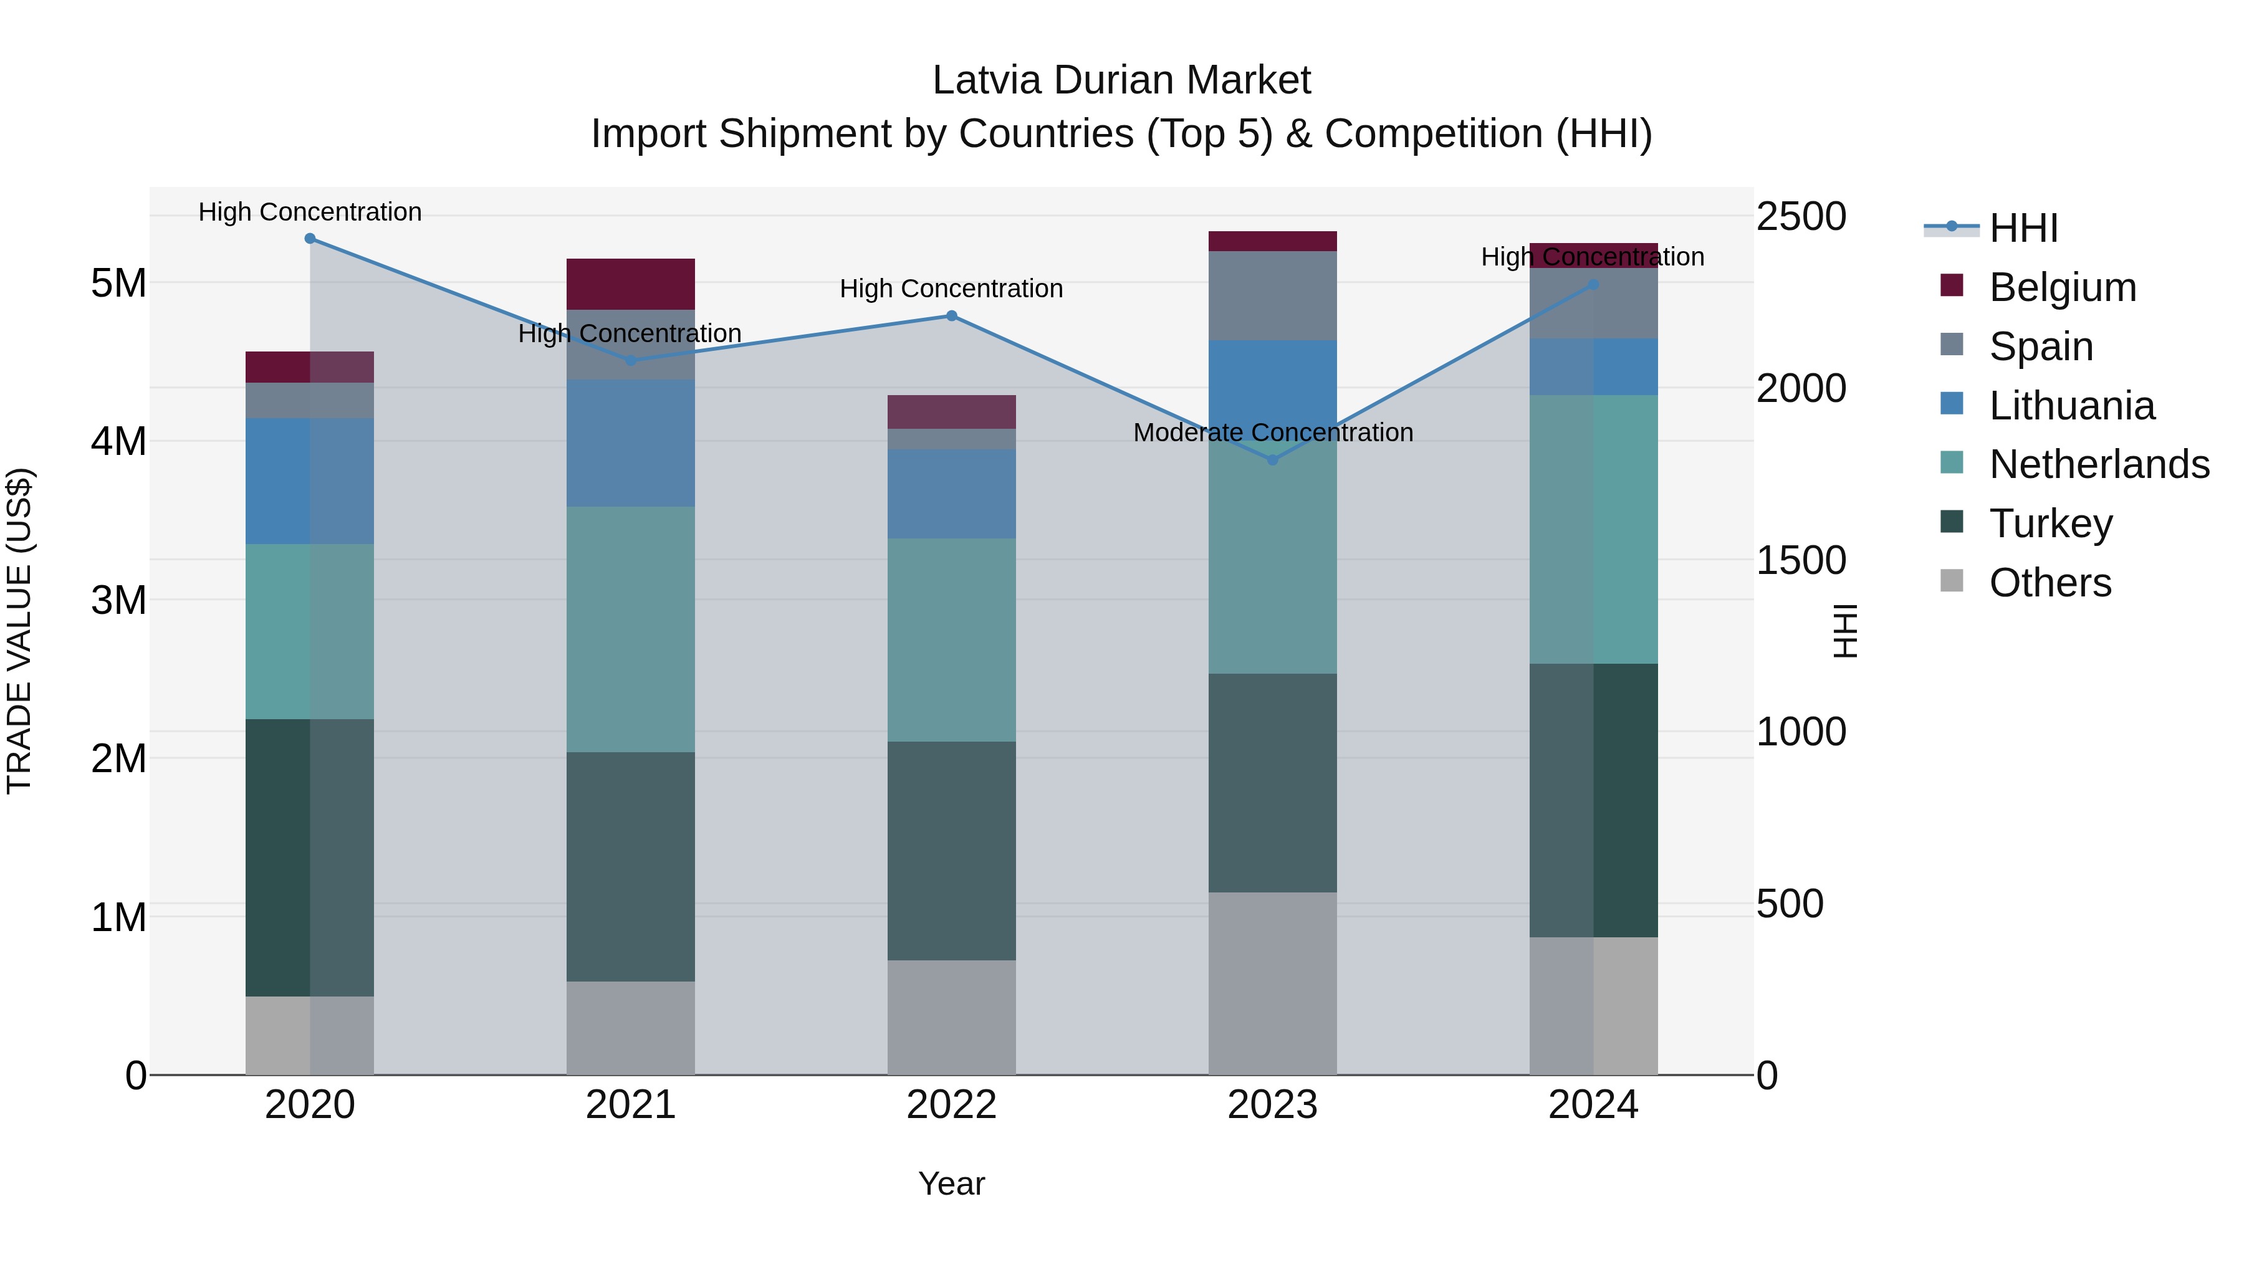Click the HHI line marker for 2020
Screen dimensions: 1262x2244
pyautogui.click(x=310, y=239)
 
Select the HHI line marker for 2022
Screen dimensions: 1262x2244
pyautogui.click(x=951, y=316)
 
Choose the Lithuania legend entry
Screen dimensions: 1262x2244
pyautogui.click(x=2071, y=406)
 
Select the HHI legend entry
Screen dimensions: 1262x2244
pyautogui.click(x=2023, y=228)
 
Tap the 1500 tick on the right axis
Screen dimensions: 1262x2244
pyautogui.click(x=1800, y=560)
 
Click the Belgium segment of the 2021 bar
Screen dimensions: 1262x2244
pyautogui.click(x=631, y=284)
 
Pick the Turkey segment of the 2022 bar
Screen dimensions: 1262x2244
pyautogui.click(x=951, y=851)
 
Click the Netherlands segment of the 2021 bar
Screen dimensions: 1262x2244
pyautogui.click(x=631, y=629)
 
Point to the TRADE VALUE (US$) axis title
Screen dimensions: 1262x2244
pyautogui.click(x=19, y=631)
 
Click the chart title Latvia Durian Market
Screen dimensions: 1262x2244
pyautogui.click(x=1121, y=80)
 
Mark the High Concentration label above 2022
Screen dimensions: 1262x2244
pyautogui.click(x=951, y=289)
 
